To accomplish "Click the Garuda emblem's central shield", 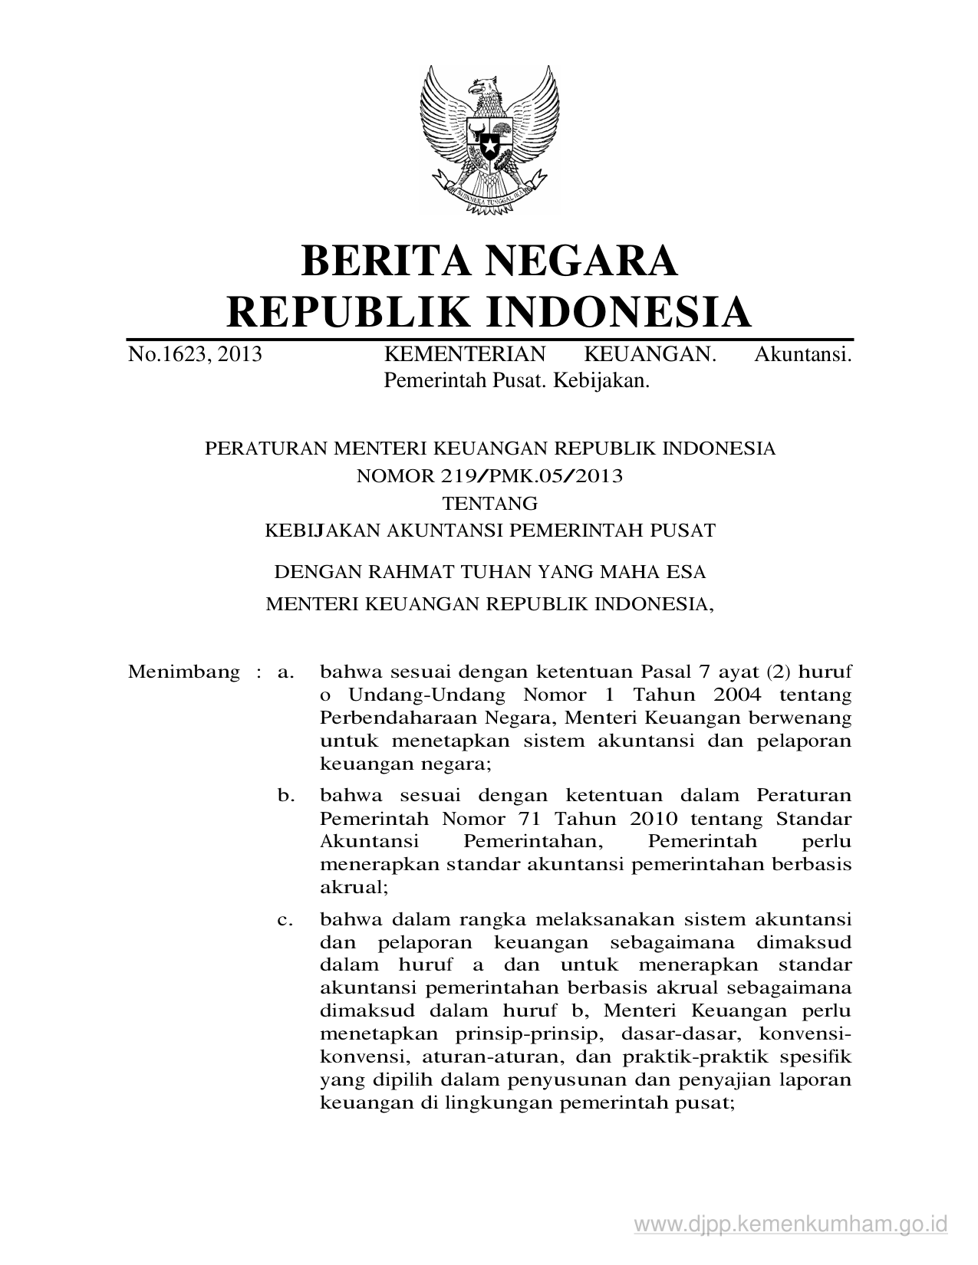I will (489, 137).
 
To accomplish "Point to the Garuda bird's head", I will (485, 86).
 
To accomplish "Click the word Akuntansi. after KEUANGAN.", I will (803, 354).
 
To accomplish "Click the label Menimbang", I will (184, 672).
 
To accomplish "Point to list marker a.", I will (285, 672).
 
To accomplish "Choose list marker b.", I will (285, 796).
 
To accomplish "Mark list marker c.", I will (285, 919).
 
